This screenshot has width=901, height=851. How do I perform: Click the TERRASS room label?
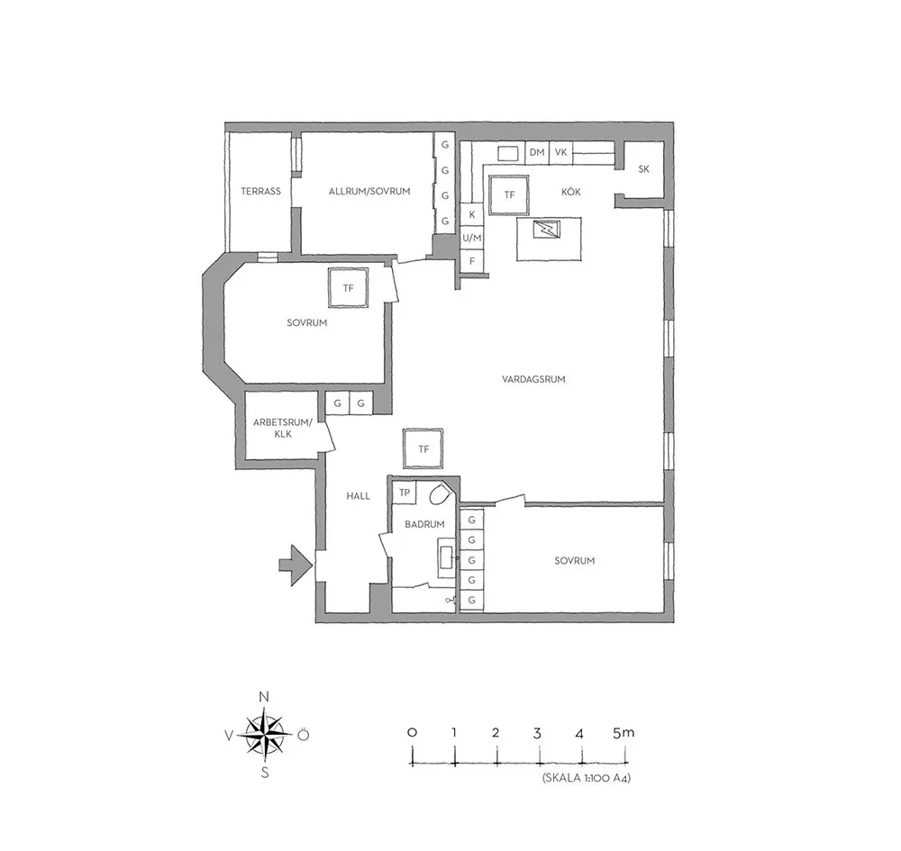[261, 191]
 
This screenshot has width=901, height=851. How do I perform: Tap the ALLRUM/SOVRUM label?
[369, 191]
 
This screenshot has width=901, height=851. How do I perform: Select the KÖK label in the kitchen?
[570, 191]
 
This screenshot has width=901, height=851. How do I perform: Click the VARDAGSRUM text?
[533, 379]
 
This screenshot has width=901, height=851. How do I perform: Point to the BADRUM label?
[424, 524]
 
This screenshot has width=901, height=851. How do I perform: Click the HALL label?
[358, 495]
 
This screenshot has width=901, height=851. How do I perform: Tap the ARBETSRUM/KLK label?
[283, 429]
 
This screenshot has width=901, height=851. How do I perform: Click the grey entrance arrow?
[296, 566]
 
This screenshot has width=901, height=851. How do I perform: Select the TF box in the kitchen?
[509, 195]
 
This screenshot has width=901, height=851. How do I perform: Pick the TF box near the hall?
[423, 448]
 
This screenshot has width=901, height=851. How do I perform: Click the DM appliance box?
[537, 153]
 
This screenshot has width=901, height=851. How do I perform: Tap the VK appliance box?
[560, 153]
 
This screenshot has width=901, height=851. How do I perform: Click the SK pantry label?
[643, 168]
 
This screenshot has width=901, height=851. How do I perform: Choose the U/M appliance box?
[472, 238]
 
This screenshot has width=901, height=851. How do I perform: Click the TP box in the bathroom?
[405, 493]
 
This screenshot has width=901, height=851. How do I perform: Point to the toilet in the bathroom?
[441, 493]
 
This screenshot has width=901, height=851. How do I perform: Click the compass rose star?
[264, 735]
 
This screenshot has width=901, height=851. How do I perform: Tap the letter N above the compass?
[264, 697]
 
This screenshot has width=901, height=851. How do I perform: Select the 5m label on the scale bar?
[623, 733]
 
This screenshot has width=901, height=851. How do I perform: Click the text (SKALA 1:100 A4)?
[587, 779]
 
